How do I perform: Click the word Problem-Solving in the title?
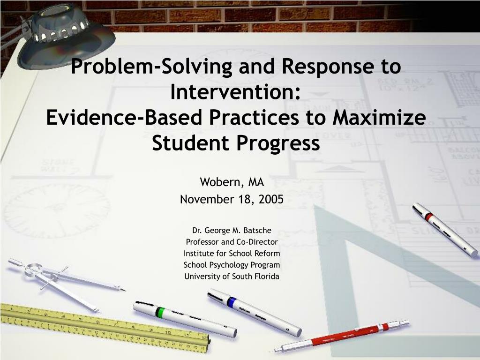(x=151, y=67)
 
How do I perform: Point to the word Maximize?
(x=379, y=117)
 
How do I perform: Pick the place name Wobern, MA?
(x=232, y=181)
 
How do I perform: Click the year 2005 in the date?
(x=270, y=199)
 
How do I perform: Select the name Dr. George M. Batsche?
(x=232, y=230)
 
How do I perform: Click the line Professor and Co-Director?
(x=232, y=242)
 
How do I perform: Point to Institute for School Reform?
(x=232, y=253)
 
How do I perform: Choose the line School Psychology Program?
(x=232, y=265)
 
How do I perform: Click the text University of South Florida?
(x=232, y=276)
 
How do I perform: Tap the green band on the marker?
(x=160, y=312)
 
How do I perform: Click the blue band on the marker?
(x=231, y=302)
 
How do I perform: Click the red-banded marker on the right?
(x=444, y=229)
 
